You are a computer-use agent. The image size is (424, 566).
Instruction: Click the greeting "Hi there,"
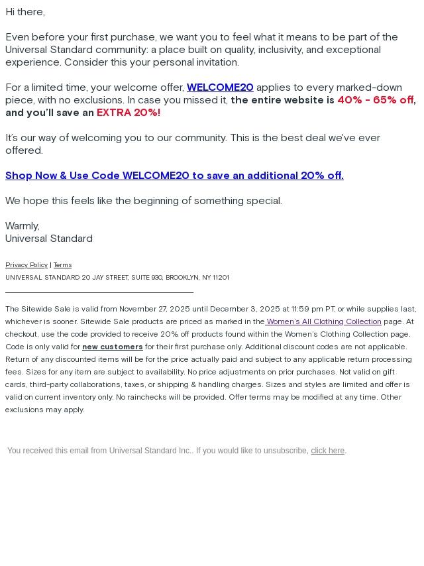[x=25, y=12]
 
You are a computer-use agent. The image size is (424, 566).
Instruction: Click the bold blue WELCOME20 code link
[x=220, y=87]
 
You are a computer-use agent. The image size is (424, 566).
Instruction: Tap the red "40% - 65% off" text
[x=375, y=100]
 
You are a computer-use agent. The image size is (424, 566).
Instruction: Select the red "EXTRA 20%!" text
[x=129, y=113]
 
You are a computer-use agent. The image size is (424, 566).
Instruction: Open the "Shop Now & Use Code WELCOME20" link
[x=174, y=176]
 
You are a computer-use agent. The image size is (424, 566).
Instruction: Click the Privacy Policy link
[x=26, y=265]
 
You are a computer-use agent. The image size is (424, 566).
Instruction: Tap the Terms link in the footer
[x=62, y=265]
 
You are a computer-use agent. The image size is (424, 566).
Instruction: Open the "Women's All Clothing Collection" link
[x=324, y=322]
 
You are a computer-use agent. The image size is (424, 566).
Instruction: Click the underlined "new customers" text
[x=113, y=347]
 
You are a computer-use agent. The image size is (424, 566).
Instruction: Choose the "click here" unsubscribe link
[x=327, y=451]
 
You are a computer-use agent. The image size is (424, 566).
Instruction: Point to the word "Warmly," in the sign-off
[x=23, y=226]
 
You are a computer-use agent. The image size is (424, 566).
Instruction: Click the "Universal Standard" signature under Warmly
[x=49, y=239]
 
